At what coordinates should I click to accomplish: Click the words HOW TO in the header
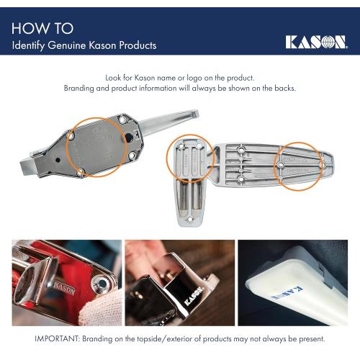click(42, 28)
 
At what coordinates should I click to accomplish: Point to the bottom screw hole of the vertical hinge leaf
click(189, 218)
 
